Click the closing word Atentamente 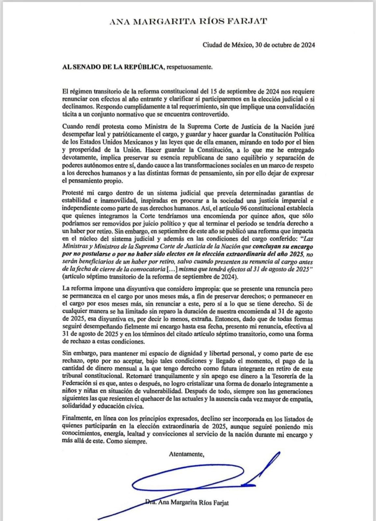tap(186, 454)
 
